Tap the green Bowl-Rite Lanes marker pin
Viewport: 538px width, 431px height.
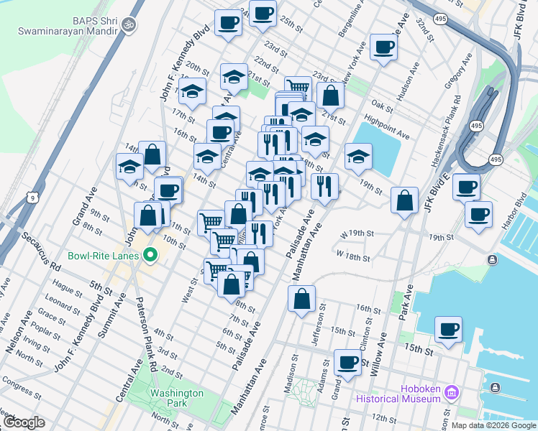[x=150, y=254]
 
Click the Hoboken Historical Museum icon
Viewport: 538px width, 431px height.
[x=452, y=392]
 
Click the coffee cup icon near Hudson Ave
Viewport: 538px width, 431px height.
[x=383, y=48]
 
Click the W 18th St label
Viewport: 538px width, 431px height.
[x=353, y=256]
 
